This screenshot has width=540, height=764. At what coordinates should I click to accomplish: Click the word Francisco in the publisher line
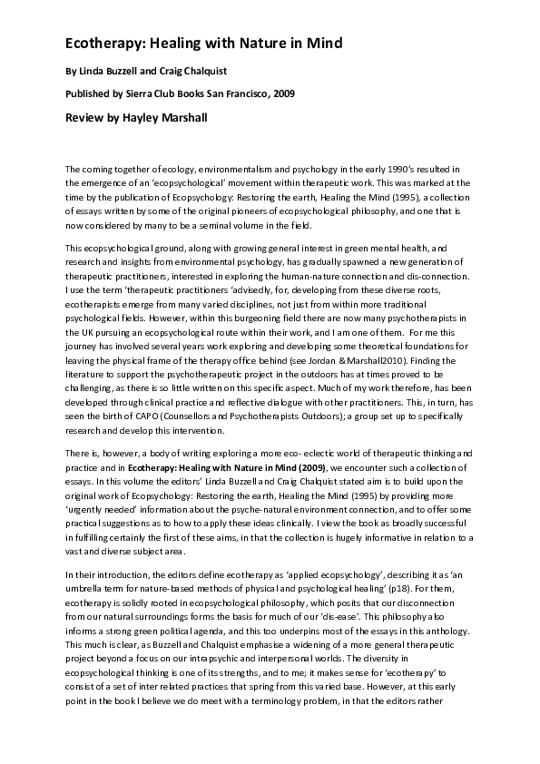[x=243, y=93]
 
